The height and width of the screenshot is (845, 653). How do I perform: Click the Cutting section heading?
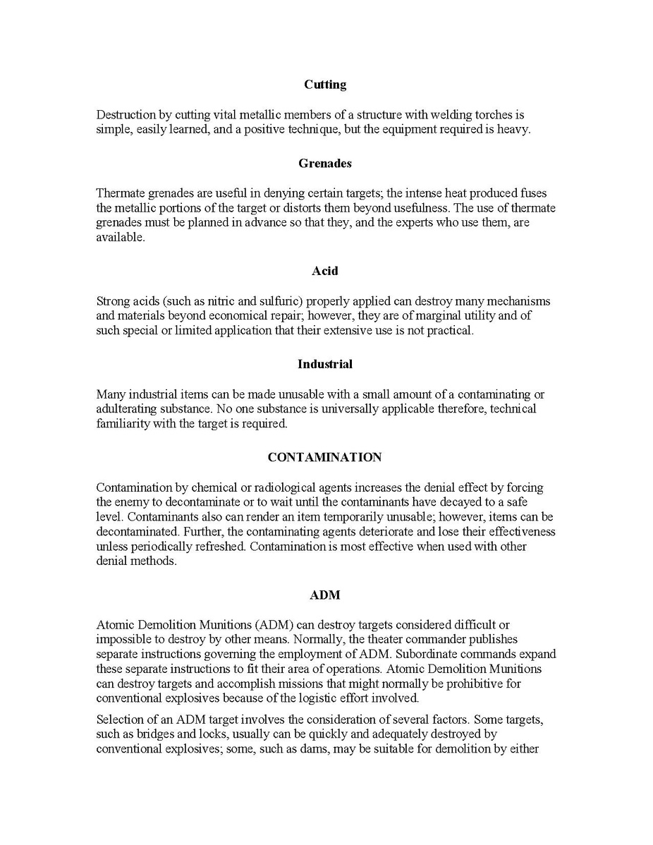click(325, 85)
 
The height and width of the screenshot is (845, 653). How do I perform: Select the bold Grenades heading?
click(325, 164)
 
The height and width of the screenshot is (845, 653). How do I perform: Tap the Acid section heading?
click(325, 271)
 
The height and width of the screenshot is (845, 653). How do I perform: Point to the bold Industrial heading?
click(325, 364)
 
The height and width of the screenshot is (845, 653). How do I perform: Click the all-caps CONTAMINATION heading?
click(325, 457)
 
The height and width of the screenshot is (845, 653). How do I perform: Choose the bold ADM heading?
click(325, 595)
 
